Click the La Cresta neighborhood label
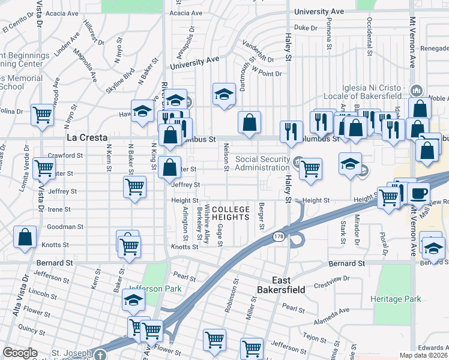(x=82, y=137)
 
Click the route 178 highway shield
(x=279, y=238)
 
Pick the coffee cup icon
(x=418, y=193)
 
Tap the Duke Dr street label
(x=306, y=28)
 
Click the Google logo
(x=20, y=353)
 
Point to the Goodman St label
(x=65, y=227)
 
